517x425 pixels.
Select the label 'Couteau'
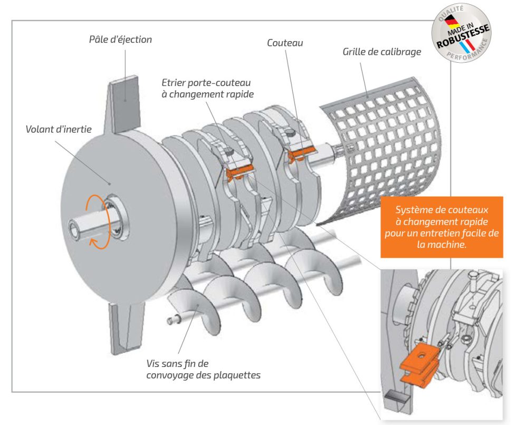[x=285, y=43]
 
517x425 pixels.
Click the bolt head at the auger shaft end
[x=170, y=320]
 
